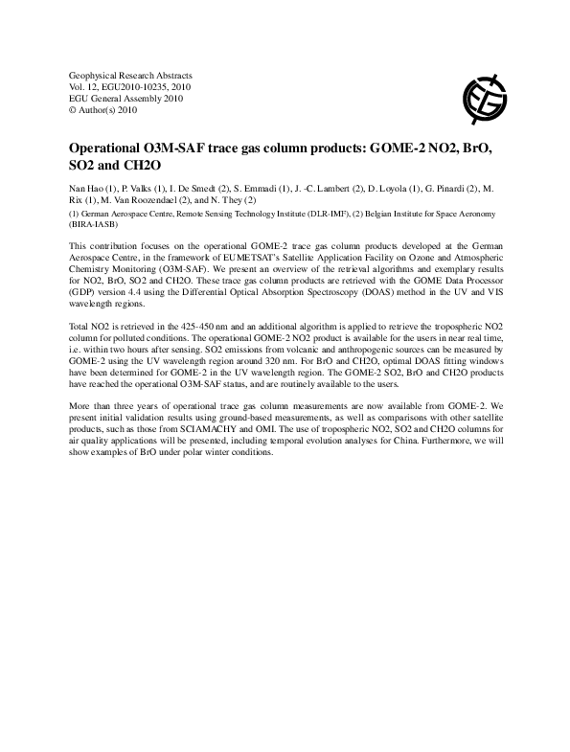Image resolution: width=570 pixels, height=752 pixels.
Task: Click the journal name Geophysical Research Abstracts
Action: click(131, 75)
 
